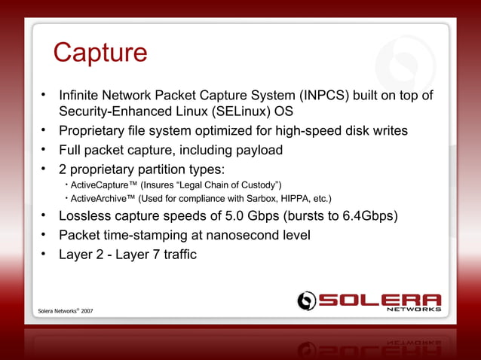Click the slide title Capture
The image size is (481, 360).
pos(100,53)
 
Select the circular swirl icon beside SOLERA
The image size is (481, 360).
pos(306,301)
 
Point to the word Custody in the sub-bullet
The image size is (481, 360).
pos(256,185)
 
